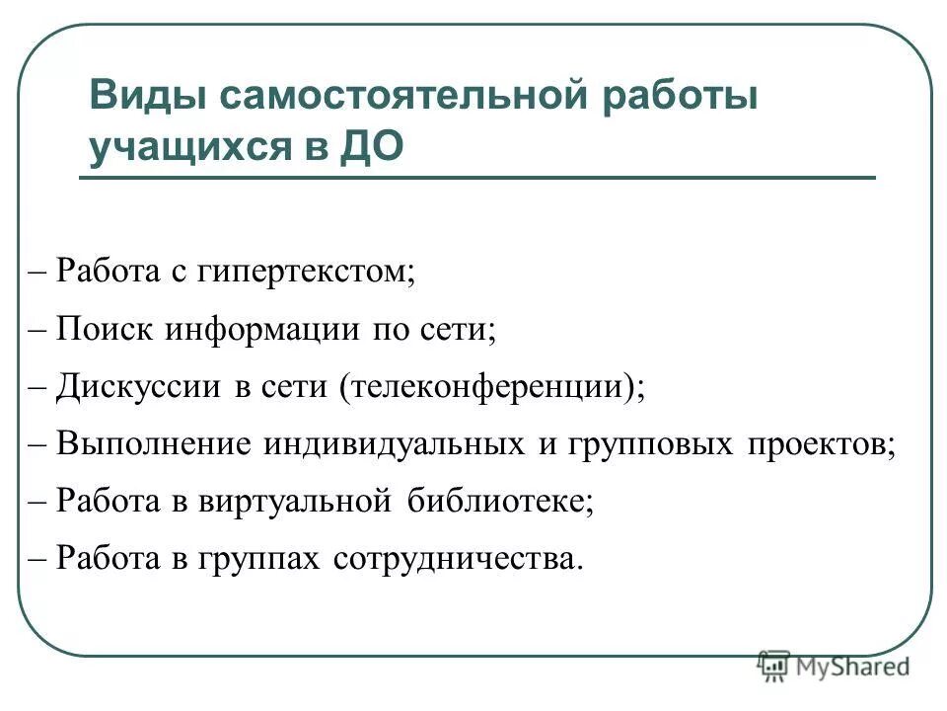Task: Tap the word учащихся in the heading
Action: click(x=188, y=147)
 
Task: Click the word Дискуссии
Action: click(x=138, y=385)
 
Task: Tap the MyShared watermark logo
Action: click(x=834, y=667)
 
